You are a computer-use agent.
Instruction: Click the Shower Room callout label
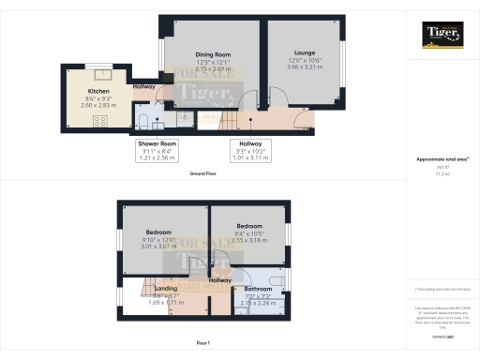tap(151, 143)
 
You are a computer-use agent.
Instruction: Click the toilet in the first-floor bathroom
tap(277, 280)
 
